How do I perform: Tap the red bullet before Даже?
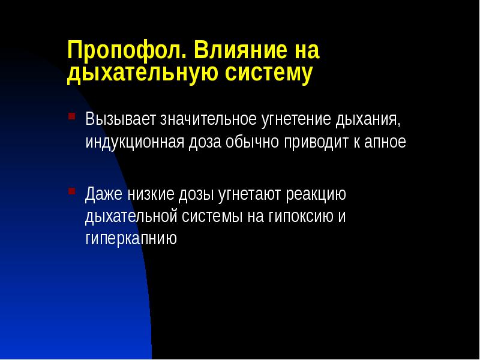pos(72,191)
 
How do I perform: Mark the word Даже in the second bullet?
pos(104,195)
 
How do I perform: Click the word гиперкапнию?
pos(131,239)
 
